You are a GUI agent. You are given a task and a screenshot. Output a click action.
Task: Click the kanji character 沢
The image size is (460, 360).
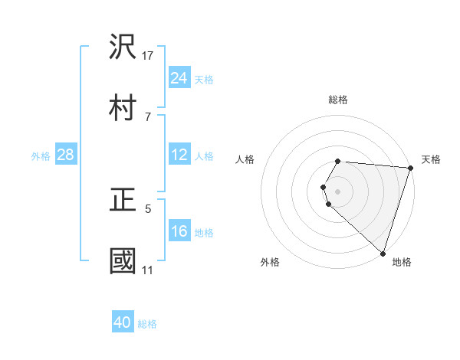pos(123,47)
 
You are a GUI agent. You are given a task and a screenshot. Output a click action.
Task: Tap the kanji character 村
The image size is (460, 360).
pos(123,108)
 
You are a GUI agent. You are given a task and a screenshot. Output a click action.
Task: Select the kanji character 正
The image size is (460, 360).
pos(123,200)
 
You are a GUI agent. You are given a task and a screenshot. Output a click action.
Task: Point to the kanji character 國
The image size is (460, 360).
pos(123,261)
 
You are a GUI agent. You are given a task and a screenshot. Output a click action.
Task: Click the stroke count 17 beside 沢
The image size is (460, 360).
pos(149,55)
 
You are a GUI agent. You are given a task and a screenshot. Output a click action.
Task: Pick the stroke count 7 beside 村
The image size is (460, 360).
pos(148,116)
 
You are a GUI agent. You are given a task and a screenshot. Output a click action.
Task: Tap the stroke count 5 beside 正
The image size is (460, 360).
pos(148,208)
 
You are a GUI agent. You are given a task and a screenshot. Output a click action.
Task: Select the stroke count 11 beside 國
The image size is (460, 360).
pos(148,270)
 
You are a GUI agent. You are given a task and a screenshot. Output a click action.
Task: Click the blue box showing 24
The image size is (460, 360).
pos(179,78)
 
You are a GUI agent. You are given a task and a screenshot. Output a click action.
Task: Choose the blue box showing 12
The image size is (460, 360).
pos(179,155)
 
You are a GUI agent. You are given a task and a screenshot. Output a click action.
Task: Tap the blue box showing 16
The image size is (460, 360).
pos(179,231)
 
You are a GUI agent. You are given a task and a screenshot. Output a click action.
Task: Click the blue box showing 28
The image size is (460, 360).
pos(66,155)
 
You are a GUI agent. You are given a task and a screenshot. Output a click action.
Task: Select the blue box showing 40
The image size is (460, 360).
pos(123,322)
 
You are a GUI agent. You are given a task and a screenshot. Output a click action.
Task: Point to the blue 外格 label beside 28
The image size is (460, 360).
pos(41,155)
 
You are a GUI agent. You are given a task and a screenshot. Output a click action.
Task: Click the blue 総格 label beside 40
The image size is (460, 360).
pos(147,323)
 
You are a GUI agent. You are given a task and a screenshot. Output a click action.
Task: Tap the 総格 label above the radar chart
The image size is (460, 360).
pos(338,100)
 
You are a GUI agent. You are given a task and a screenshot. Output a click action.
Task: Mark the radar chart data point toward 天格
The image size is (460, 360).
pos(410,169)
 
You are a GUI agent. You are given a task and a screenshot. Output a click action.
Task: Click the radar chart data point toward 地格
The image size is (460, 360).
pos(383,253)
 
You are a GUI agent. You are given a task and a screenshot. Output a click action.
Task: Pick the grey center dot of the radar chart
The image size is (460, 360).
pos(338,191)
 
